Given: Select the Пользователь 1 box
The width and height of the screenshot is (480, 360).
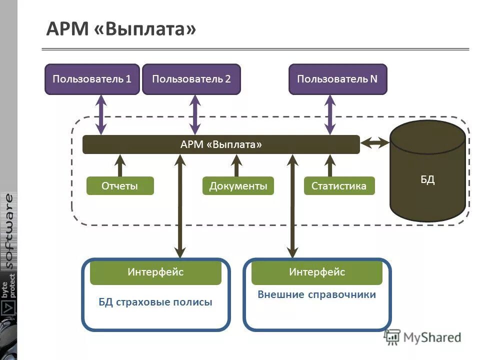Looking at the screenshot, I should pos(91,79).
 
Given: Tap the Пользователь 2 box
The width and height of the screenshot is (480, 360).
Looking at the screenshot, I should pos(191,79).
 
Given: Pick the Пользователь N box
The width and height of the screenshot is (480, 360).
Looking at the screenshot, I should pos(337,79).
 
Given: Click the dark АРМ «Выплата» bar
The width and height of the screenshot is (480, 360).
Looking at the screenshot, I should pos(221,144).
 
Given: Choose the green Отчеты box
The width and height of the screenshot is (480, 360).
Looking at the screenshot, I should pos(120,186).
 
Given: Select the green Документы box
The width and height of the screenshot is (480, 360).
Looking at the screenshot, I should pos(238,186).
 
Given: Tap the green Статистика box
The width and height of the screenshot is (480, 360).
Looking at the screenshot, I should pos(339,186).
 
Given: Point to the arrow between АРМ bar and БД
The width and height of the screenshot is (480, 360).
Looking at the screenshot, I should pos(375,143).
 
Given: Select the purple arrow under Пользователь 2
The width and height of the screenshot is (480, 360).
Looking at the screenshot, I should pos(195,114).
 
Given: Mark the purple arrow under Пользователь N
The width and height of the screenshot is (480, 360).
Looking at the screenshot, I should pos(329,114).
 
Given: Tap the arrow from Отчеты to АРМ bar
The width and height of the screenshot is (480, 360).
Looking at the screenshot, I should pos(120,165).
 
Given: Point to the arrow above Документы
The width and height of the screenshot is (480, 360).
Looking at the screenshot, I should pos(237,165).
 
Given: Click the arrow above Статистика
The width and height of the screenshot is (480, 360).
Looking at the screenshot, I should pos(329,165).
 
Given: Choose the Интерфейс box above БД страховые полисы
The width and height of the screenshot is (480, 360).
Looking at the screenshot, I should pos(155,272).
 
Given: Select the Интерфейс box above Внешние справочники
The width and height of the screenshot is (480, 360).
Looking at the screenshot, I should pos(316,272).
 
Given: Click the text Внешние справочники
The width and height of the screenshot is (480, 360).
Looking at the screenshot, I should pos(316,295).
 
